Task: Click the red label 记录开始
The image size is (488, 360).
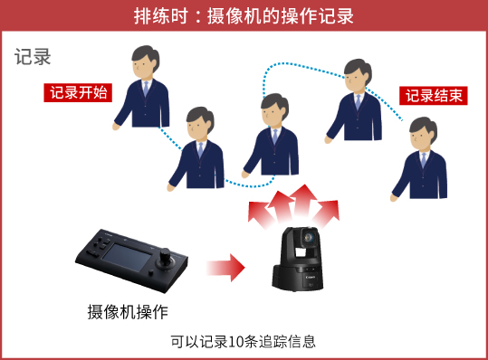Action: click(78, 92)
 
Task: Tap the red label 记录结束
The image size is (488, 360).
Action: click(433, 96)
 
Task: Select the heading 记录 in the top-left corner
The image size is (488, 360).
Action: click(33, 57)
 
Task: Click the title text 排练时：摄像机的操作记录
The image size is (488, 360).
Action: click(244, 15)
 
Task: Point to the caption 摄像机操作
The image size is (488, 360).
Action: click(128, 311)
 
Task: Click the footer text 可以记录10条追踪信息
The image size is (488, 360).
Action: click(243, 341)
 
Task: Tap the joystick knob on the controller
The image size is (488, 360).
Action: click(165, 258)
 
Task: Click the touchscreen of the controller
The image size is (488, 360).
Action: click(127, 258)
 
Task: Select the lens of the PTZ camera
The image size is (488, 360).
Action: click(309, 238)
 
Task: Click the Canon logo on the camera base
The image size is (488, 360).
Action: click(311, 277)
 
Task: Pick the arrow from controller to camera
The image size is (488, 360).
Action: click(225, 268)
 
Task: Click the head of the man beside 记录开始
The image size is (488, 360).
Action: click(145, 62)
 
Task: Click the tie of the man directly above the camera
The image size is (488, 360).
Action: click(275, 136)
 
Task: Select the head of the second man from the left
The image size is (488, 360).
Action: click(200, 124)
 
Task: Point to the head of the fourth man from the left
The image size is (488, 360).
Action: click(358, 76)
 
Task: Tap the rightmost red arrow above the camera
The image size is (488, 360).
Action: click(328, 212)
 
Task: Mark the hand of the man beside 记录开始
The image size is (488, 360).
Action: click(116, 127)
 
